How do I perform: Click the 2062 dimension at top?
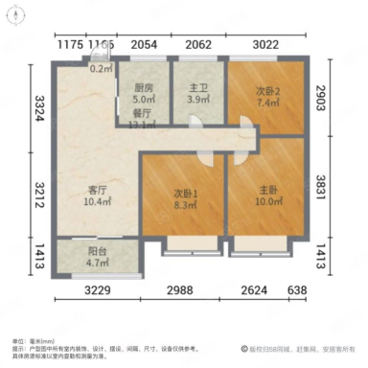point(198,44)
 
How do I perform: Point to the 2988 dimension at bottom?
point(183,290)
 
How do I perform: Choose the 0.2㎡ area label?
point(101,68)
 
